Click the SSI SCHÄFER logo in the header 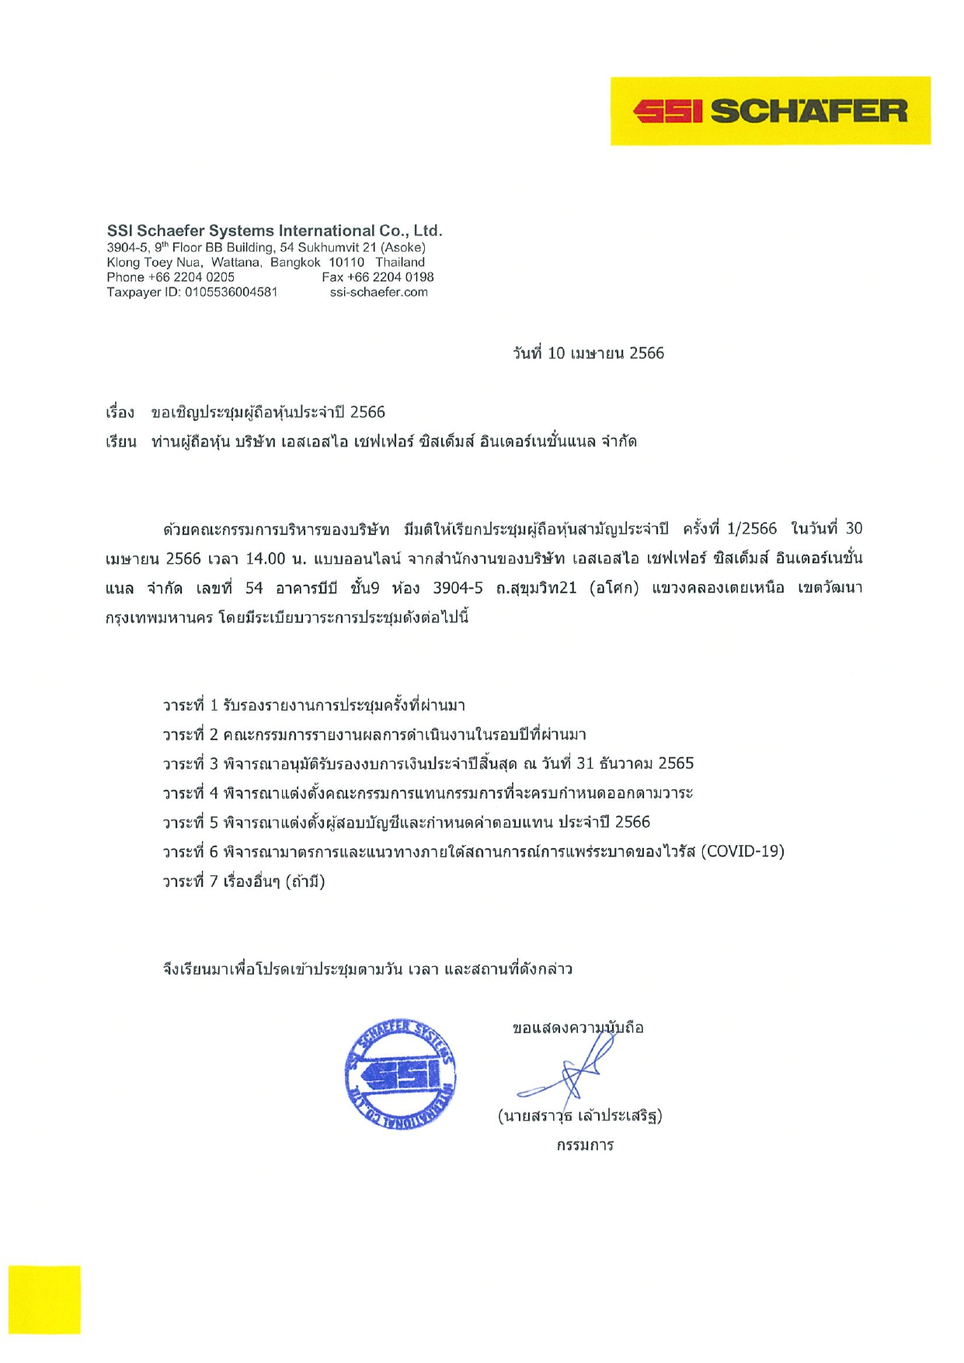770,111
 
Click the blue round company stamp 400,1074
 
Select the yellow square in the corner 44,1299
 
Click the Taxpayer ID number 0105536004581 231,292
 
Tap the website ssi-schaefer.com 378,292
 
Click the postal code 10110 346,263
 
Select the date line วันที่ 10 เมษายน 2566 588,353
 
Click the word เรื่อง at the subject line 120,412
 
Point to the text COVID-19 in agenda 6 743,851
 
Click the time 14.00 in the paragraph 266,558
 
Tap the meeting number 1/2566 751,529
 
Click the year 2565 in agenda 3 676,763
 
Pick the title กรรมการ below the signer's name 585,1145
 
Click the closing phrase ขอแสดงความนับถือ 578,1028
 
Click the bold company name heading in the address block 274,231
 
